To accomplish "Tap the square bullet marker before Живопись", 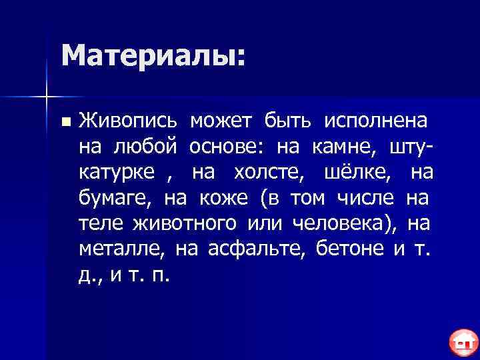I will (x=64, y=123).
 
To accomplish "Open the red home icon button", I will (x=461, y=343).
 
